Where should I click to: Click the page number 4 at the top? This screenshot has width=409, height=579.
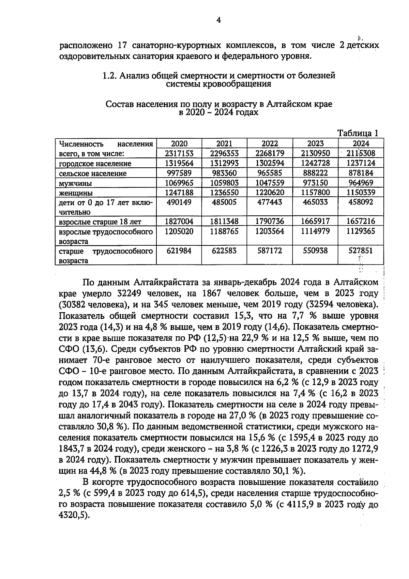(219, 20)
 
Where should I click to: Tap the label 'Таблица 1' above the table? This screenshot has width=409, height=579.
(358, 133)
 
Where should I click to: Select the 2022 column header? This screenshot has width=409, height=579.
(270, 143)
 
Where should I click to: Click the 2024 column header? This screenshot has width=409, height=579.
(361, 143)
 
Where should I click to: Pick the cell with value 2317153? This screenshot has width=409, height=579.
(179, 153)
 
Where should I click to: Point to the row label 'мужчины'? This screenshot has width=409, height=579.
(75, 184)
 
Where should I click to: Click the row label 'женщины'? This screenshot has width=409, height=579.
(76, 193)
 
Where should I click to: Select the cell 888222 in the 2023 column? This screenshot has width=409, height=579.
(315, 173)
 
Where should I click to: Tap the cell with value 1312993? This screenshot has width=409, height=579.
(224, 163)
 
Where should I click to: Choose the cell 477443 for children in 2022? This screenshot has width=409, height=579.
(270, 202)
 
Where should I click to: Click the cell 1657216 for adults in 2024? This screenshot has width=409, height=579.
(361, 222)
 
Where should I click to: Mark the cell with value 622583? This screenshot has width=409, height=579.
(224, 251)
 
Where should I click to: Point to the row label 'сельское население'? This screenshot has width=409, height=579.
(92, 174)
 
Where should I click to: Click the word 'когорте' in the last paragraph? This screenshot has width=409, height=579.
(108, 483)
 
